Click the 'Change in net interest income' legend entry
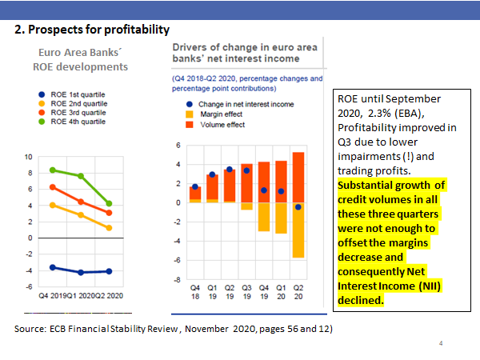pyautogui.click(x=244, y=104)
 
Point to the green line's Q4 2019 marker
pyautogui.click(x=53, y=170)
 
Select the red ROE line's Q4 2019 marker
pyautogui.click(x=53, y=187)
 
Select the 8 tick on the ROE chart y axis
pyautogui.click(x=29, y=172)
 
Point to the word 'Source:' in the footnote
pyautogui.click(x=30, y=329)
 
